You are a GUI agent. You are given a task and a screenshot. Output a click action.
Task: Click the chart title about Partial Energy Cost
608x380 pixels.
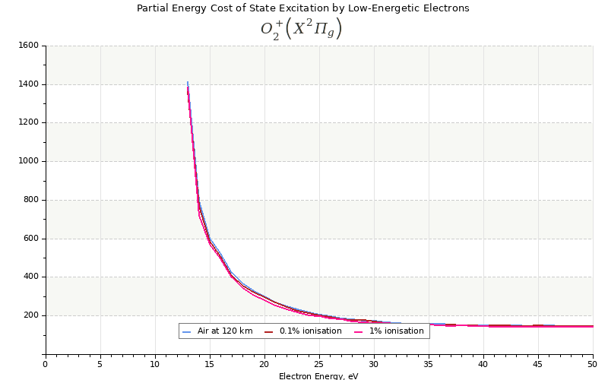click(x=302, y=8)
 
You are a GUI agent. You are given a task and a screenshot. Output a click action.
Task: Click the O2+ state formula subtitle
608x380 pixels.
click(x=302, y=29)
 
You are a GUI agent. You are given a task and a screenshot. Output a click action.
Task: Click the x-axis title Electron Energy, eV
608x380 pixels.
click(x=318, y=375)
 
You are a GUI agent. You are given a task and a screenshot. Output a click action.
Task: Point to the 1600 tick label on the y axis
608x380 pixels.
click(x=28, y=46)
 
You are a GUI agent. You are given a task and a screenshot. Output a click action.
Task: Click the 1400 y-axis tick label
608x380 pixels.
click(x=28, y=84)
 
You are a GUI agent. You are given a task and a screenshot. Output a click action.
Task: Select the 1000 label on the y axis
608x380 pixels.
click(x=28, y=161)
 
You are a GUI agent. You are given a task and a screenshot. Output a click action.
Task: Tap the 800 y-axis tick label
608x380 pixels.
click(x=30, y=200)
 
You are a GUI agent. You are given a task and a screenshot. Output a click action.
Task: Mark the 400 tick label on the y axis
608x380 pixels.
click(x=30, y=277)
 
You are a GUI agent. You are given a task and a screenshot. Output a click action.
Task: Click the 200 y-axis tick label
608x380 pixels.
click(x=30, y=315)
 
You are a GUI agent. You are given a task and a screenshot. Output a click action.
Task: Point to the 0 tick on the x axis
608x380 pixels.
click(x=46, y=364)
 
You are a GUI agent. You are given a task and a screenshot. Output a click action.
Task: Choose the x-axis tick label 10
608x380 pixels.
click(x=155, y=364)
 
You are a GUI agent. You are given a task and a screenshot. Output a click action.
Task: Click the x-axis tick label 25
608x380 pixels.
click(x=319, y=364)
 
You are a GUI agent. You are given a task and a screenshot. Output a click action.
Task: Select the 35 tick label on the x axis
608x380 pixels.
click(x=429, y=364)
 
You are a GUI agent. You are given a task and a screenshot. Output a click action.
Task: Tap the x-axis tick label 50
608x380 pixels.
click(x=592, y=364)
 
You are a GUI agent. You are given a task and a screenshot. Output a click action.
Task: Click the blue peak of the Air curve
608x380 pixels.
click(x=188, y=82)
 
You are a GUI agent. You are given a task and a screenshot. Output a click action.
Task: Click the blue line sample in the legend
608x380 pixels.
click(x=187, y=331)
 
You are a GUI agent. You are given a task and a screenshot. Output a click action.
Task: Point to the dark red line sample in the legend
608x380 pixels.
click(x=269, y=331)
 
